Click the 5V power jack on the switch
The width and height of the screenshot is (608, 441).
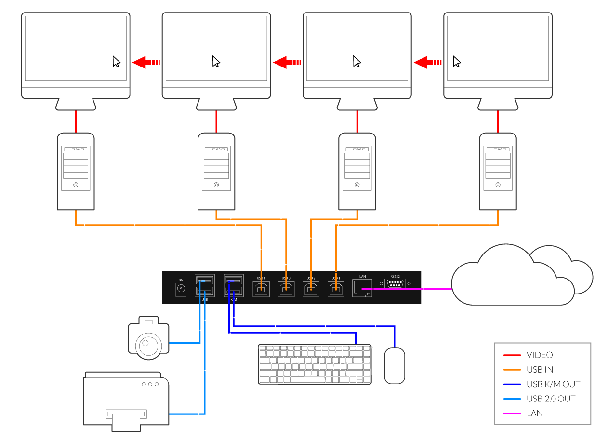181,289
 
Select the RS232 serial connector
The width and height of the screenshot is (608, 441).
395,283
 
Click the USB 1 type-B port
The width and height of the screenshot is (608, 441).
336,289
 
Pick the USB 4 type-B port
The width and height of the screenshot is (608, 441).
261,289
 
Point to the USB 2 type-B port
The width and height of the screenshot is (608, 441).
311,289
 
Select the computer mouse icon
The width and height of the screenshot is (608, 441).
394,366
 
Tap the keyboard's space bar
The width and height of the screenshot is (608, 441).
319,379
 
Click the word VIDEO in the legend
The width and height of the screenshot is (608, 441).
540,355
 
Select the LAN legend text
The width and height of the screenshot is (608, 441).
535,413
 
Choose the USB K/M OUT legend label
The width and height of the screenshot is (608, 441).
553,384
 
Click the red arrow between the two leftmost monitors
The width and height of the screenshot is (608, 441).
145,62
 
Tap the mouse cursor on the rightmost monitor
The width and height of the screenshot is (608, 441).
457,62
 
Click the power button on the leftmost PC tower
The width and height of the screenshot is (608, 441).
76,185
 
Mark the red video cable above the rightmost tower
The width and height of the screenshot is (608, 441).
498,122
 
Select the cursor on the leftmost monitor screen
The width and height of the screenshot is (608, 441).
116,62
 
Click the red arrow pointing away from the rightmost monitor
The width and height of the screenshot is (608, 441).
428,62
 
